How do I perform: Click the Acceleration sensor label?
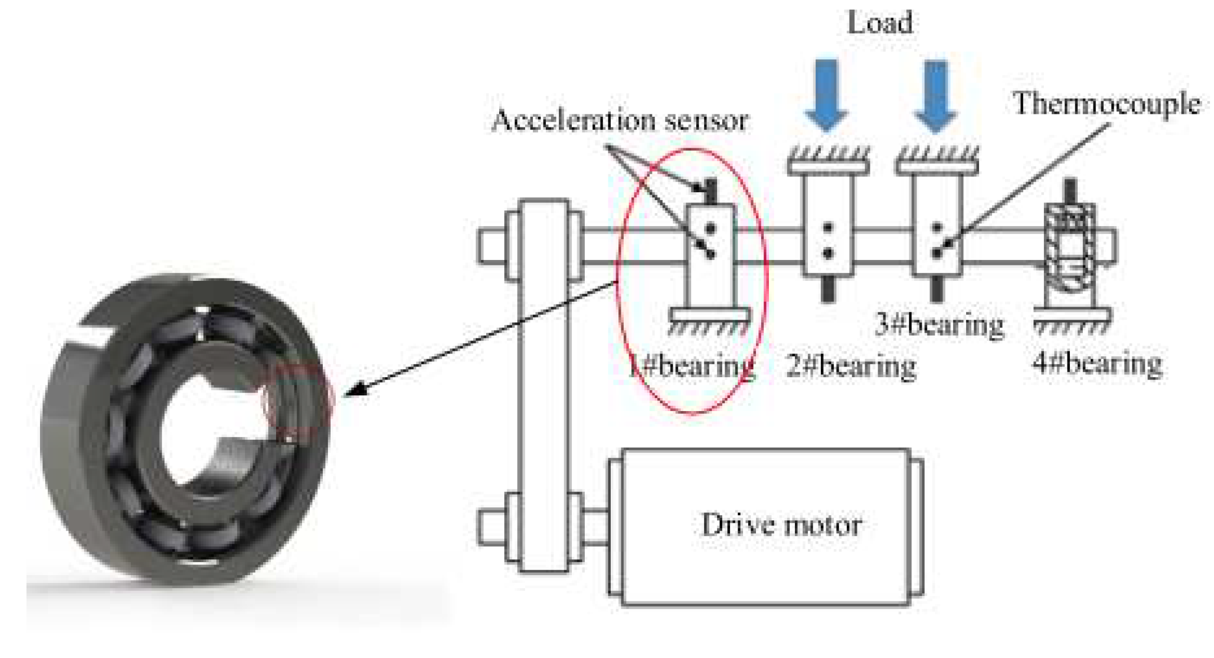[619, 120]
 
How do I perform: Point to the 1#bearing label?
[691, 366]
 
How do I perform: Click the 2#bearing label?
[850, 366]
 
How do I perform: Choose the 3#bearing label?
[939, 325]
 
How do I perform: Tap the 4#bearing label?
[1097, 363]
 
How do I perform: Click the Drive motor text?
[781, 525]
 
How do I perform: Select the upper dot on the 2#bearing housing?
[828, 228]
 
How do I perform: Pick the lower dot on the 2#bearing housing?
[828, 254]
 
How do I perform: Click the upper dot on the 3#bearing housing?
[936, 228]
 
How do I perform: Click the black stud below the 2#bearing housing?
[828, 289]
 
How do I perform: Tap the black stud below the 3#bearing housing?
[936, 289]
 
